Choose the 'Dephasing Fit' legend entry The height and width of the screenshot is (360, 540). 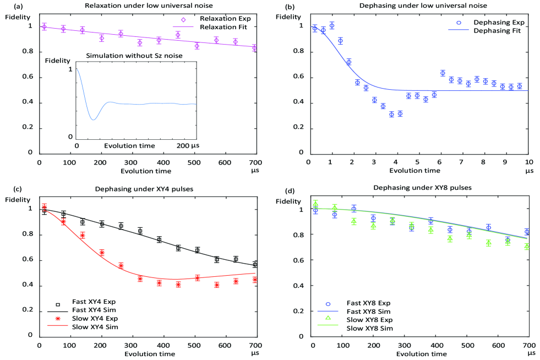point(499,31)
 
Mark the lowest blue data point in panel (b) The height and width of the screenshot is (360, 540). point(392,114)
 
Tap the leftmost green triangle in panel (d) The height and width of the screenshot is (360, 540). point(316,204)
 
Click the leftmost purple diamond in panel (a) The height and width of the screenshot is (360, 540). point(44,26)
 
